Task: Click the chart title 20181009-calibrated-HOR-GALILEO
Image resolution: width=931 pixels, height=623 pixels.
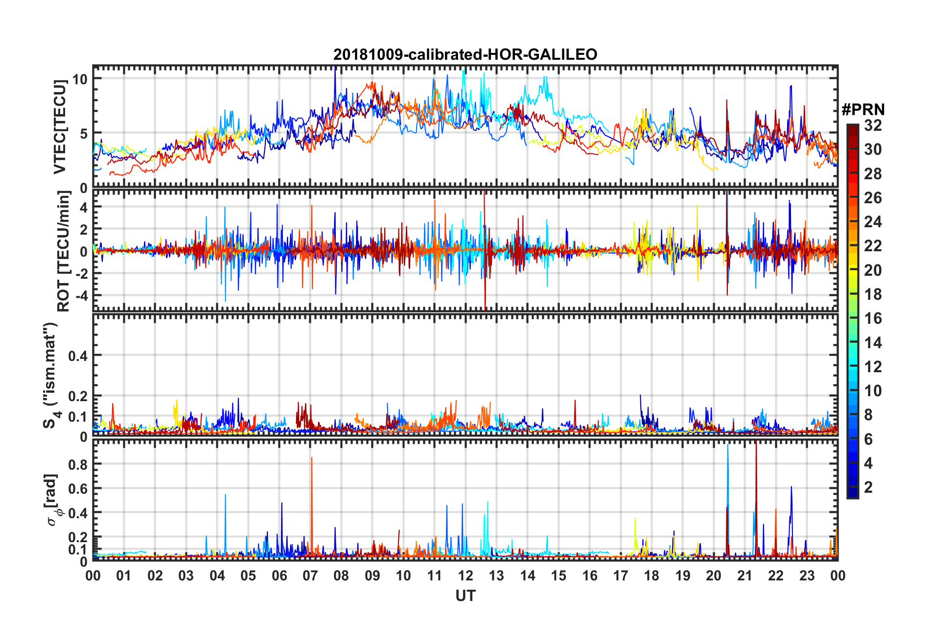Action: [465, 54]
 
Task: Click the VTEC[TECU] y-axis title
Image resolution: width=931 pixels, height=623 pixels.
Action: [60, 127]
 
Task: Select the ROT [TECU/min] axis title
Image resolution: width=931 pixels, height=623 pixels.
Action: [64, 251]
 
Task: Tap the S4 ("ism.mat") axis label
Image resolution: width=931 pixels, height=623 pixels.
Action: [51, 375]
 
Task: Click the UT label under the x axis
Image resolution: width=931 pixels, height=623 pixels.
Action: [465, 596]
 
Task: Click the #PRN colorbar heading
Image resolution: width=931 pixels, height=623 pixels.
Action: [863, 110]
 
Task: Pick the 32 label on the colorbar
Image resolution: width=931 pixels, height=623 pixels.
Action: [873, 125]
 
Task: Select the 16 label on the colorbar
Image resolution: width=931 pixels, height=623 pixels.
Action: [873, 318]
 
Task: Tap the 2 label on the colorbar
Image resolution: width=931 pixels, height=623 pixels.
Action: [869, 487]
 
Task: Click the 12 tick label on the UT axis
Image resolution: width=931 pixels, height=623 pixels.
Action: [465, 575]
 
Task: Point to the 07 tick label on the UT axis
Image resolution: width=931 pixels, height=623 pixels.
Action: [310, 575]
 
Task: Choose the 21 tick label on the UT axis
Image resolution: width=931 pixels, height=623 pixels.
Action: [745, 575]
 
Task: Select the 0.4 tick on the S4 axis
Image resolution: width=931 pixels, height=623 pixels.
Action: [78, 356]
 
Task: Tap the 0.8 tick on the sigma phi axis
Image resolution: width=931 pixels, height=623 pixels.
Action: [78, 464]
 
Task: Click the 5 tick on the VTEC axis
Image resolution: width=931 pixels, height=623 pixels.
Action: [83, 133]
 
